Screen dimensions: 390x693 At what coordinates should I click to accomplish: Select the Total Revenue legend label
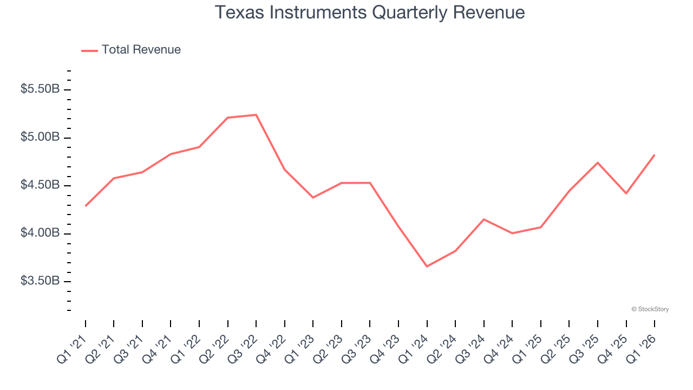point(141,50)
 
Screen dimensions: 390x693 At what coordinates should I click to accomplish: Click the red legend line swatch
point(89,50)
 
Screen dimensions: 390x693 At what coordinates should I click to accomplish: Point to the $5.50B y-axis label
point(40,89)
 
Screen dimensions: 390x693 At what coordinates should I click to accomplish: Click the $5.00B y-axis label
point(40,137)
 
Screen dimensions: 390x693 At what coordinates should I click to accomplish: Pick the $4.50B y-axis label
point(40,185)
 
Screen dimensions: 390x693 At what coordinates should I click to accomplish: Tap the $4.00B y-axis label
point(40,233)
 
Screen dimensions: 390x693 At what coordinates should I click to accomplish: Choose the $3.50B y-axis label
point(40,281)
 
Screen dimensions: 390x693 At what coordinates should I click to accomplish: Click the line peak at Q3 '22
point(256,115)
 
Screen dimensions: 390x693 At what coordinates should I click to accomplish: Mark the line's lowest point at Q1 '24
point(427,266)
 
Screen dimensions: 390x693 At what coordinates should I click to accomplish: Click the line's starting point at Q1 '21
point(86,206)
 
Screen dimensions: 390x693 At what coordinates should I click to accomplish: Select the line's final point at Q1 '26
point(655,155)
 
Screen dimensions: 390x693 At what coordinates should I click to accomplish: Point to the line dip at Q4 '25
point(626,193)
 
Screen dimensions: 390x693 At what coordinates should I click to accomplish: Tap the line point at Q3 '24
point(483,219)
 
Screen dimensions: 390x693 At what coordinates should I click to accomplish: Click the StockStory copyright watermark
point(650,309)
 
